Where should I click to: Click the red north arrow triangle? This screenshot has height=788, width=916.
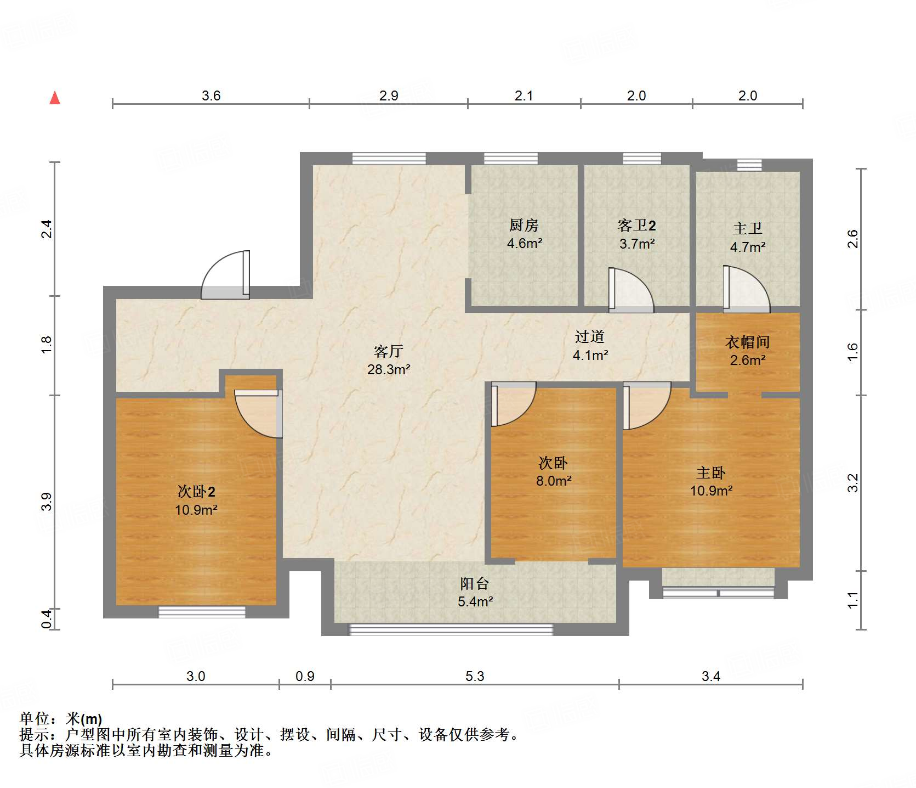[x=55, y=99]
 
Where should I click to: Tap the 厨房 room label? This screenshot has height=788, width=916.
[x=524, y=225]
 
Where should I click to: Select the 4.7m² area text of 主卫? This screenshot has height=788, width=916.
[x=747, y=247]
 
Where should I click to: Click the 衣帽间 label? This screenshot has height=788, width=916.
[x=747, y=342]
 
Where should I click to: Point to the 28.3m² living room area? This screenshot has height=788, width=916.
[x=389, y=369]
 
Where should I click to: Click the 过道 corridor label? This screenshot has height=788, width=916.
[x=590, y=336]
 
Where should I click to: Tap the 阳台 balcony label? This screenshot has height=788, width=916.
[x=474, y=583]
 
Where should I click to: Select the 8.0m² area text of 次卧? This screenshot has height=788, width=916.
[x=554, y=481]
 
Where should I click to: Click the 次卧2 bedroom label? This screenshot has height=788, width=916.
[x=196, y=491]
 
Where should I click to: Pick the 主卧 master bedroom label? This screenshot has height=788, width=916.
[x=711, y=472]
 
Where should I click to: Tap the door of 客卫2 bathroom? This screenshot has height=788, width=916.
[x=630, y=291]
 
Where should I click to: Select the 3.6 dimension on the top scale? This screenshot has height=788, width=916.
[x=211, y=95]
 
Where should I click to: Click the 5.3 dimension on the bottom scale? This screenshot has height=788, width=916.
[x=475, y=676]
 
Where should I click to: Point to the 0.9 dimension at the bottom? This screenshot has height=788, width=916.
[x=305, y=676]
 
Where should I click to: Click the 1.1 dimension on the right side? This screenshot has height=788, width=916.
[x=852, y=600]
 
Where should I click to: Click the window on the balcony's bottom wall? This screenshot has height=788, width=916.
[x=451, y=629]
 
